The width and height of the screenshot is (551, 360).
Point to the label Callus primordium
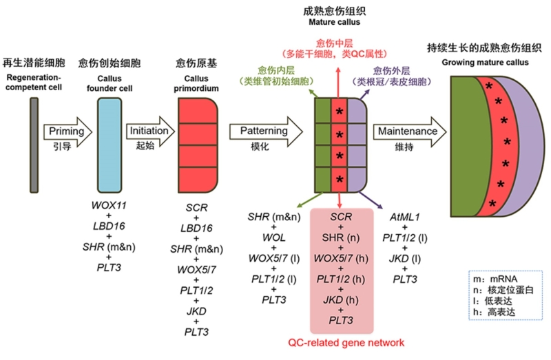198,84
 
